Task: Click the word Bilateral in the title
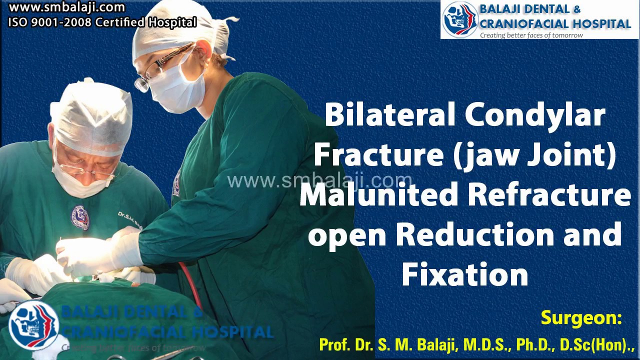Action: click(x=390, y=115)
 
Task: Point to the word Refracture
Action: click(x=549, y=195)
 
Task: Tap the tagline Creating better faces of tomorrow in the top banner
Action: click(x=531, y=35)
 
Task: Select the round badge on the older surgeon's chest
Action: click(x=80, y=217)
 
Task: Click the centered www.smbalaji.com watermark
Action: click(x=320, y=180)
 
